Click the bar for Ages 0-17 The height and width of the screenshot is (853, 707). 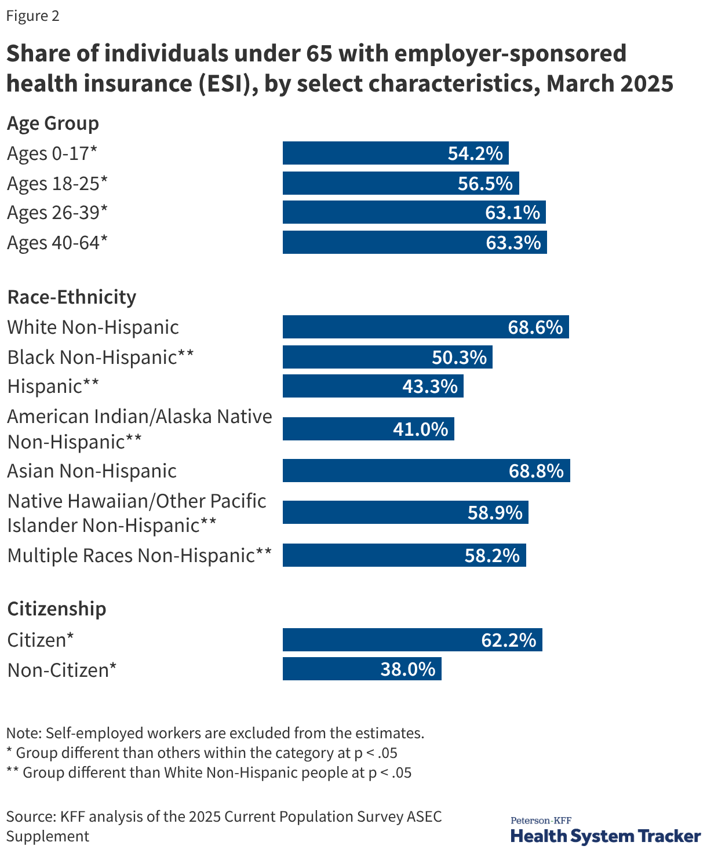coord(395,153)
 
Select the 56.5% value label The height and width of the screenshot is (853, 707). coord(485,183)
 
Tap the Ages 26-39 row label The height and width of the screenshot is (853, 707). coord(57,213)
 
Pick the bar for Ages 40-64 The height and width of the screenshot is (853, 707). coord(414,242)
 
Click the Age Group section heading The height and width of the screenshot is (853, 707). coord(53,123)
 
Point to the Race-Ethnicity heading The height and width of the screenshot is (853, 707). coord(71,297)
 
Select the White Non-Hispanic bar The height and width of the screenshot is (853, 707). coord(425,327)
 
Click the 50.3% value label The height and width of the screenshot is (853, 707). coord(459,357)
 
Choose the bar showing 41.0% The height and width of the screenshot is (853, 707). coord(368,429)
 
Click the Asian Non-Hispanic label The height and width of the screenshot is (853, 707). coord(92,471)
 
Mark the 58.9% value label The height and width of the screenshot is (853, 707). coord(495,513)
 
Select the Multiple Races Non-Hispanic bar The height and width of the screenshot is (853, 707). coord(404,555)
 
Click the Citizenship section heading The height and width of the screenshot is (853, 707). coord(57,609)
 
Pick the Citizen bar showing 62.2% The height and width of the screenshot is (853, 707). coord(412,640)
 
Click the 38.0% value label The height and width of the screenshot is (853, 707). coord(407,669)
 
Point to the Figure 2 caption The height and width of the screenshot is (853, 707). coord(33,16)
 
